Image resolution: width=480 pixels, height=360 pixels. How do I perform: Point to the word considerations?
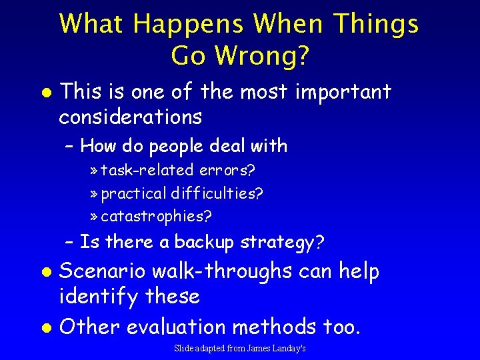pyautogui.click(x=130, y=117)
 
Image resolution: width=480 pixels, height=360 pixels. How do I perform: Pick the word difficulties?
pyautogui.click(x=217, y=193)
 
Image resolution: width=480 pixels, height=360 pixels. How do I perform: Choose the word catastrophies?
pyautogui.click(x=157, y=216)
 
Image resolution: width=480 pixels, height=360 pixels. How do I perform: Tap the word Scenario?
pyautogui.click(x=103, y=271)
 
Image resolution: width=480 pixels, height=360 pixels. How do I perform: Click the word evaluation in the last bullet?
pyautogui.click(x=176, y=327)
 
